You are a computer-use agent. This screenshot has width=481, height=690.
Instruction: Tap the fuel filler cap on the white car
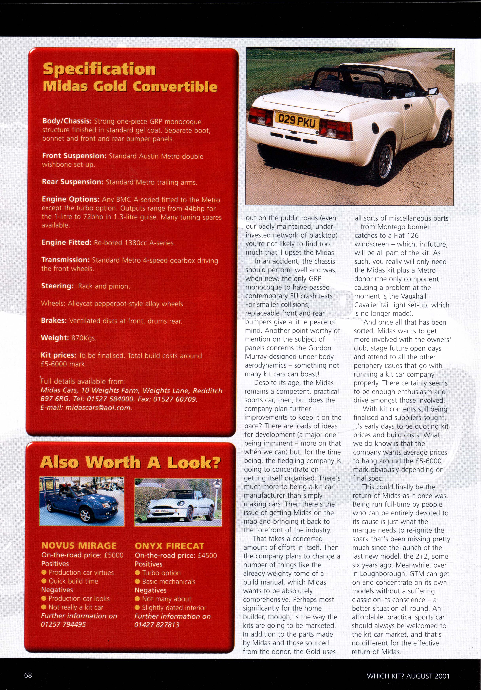tap(376, 128)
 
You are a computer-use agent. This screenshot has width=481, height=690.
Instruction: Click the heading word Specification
tap(99, 69)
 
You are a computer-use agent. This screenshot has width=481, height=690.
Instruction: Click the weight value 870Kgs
tap(84, 338)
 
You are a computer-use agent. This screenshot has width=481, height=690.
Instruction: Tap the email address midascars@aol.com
tap(99, 408)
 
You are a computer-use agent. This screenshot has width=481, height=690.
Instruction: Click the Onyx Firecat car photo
tap(178, 502)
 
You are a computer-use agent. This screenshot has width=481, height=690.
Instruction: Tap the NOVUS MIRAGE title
tap(79, 546)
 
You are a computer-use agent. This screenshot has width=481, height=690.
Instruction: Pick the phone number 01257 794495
tap(63, 625)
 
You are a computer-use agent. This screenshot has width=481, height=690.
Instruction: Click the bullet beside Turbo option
tap(137, 573)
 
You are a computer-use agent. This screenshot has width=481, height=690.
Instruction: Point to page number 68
tap(28, 675)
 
